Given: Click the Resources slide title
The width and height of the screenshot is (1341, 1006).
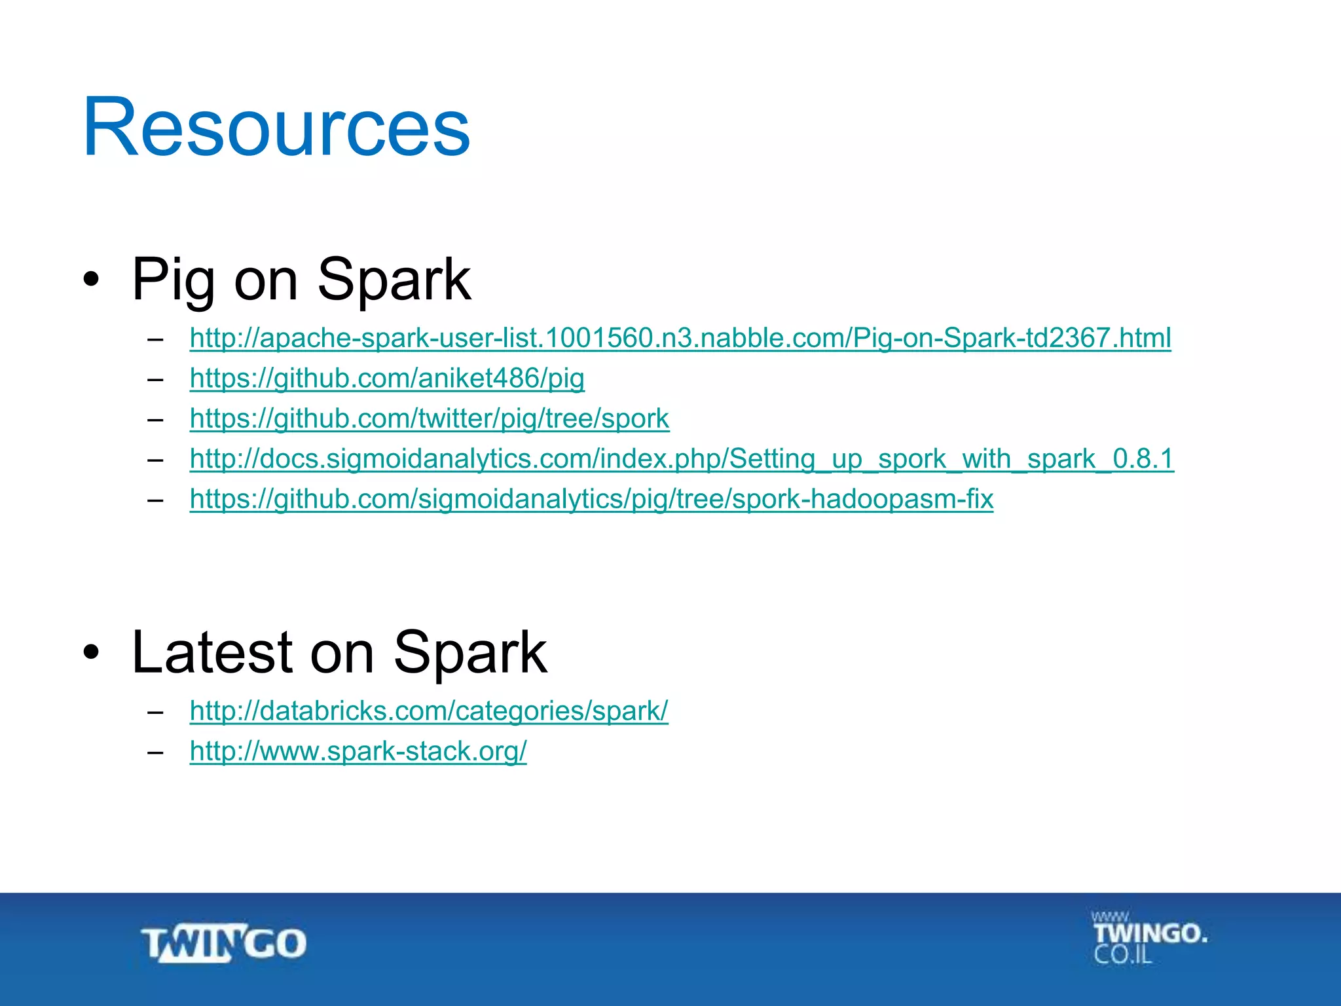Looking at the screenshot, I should [276, 127].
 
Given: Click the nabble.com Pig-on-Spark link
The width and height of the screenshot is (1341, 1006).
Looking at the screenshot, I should [680, 338].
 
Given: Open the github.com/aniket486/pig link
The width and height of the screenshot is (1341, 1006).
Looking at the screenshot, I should [387, 379].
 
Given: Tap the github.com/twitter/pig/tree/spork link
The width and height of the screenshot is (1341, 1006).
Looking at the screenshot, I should [429, 419].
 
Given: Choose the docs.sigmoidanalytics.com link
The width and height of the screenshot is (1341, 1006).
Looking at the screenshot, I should [681, 458].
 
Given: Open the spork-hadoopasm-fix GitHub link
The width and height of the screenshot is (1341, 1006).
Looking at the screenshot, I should [591, 499].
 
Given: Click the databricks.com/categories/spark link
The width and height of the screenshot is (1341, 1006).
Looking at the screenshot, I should [429, 711].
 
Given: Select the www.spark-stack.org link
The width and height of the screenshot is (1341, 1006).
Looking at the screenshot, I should [358, 751].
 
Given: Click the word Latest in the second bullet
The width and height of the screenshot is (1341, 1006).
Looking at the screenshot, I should [211, 652].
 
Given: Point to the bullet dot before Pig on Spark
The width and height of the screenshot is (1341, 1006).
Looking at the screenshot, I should [92, 280].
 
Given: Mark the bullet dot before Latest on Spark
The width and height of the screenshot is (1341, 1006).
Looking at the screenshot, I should [92, 652].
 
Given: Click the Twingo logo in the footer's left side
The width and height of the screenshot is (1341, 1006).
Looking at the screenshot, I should [224, 944].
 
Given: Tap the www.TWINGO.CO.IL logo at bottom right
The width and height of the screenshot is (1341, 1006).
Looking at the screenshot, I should [1148, 937].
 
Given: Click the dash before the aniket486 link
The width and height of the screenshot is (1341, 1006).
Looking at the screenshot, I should [155, 379].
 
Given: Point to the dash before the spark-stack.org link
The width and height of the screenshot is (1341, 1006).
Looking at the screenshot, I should [155, 752].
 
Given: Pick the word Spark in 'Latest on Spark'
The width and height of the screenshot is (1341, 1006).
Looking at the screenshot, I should [470, 652].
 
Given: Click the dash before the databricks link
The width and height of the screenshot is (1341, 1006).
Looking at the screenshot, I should [155, 711].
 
